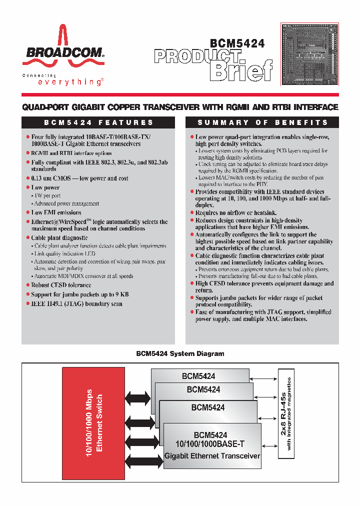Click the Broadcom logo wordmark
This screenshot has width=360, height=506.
pyautogui.click(x=62, y=52)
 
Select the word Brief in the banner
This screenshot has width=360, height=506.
pyautogui.click(x=241, y=70)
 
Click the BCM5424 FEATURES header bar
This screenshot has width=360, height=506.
pyautogui.click(x=98, y=122)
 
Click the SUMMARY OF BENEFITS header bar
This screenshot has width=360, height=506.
pyautogui.click(x=262, y=122)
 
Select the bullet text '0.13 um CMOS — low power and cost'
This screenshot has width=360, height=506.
pyautogui.click(x=79, y=178)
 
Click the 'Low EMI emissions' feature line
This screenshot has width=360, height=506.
pyautogui.click(x=56, y=212)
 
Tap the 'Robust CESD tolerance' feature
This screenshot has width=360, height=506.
pyautogui.click(x=61, y=285)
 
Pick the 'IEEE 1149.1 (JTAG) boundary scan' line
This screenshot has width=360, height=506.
pyautogui.click(x=76, y=303)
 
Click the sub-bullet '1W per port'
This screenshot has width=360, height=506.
pyautogui.click(x=47, y=196)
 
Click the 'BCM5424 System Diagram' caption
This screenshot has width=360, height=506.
pyautogui.click(x=180, y=353)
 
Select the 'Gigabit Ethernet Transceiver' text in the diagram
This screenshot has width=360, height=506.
pyautogui.click(x=212, y=455)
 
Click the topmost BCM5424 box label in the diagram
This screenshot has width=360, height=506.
pyautogui.click(x=198, y=376)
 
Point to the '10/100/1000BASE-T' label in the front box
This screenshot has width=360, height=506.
pyautogui.click(x=210, y=444)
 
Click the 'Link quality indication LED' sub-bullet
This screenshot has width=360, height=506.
pyautogui.click(x=65, y=253)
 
